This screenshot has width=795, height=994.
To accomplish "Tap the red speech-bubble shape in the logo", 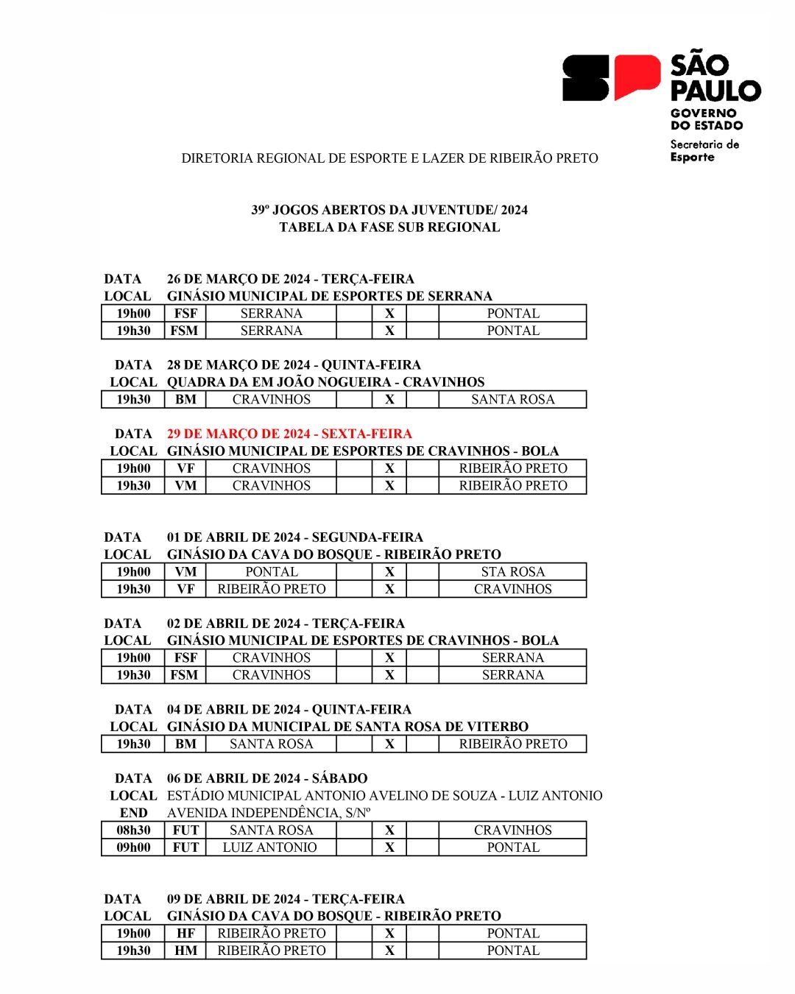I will coord(637,76).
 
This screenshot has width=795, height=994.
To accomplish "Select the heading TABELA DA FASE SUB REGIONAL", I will coord(389,228).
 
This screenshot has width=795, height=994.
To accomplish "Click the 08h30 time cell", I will coord(133,830).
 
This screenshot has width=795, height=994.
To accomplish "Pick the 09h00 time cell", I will coord(133,847).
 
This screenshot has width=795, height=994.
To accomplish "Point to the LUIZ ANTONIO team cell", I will coord(270,847).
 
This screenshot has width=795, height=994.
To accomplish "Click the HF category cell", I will coord(185,933).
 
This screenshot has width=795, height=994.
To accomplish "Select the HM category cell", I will coord(185,951).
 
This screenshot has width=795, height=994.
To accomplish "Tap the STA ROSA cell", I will coord(512,571).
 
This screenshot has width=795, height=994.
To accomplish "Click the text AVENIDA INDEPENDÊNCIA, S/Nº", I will coord(269,813).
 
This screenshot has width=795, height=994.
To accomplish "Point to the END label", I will coord(133,813).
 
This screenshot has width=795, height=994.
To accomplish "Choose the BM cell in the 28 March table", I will coord(185,399).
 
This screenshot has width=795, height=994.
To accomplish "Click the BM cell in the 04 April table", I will coord(185,744).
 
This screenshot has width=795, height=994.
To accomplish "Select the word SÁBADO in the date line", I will coord(339,778).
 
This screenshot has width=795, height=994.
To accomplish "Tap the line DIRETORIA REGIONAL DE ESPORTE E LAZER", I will coord(389,158).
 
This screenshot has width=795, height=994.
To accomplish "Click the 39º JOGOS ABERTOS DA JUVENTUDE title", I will coord(389,210).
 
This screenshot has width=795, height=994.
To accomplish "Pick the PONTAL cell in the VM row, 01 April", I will coord(271,571).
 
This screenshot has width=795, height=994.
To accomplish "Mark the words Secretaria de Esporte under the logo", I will coord(704,150).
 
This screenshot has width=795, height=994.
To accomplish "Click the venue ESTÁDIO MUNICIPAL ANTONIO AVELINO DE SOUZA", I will coord(331,796).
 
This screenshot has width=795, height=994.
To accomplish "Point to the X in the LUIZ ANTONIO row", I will coord(389,847).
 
